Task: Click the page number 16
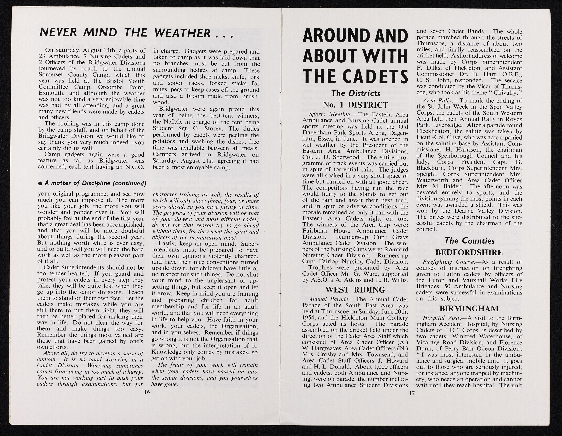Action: tap(147, 392)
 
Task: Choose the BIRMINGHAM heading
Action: tap(469, 308)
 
